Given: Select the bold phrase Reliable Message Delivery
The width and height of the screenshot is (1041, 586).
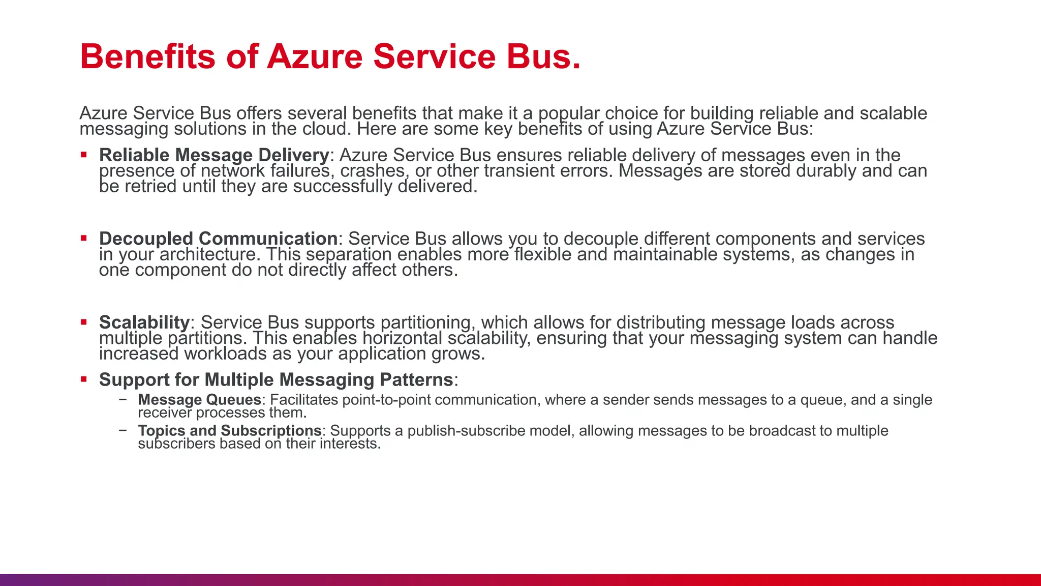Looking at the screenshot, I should click(x=214, y=155).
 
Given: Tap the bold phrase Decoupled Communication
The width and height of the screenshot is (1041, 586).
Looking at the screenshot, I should click(x=218, y=238).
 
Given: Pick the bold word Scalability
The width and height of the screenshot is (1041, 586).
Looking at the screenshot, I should click(x=144, y=322).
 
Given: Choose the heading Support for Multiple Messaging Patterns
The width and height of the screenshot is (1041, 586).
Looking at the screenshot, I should click(x=275, y=379).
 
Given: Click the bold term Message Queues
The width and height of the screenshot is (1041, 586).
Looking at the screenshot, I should click(x=199, y=400).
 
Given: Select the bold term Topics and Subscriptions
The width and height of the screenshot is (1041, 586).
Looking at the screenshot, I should click(x=229, y=430).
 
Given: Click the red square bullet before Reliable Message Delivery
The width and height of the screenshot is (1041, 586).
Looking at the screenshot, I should click(x=84, y=154).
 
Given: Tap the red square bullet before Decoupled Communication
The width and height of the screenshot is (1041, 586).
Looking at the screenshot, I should click(x=84, y=238).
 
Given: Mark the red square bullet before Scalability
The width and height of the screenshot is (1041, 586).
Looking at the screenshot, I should click(x=84, y=321).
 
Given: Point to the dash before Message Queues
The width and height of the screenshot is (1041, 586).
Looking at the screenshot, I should click(x=123, y=399).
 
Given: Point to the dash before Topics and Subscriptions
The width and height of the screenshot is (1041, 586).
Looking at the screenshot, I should click(x=123, y=430).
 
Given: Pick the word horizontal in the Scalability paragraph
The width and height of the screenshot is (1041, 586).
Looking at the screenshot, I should click(x=402, y=338).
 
